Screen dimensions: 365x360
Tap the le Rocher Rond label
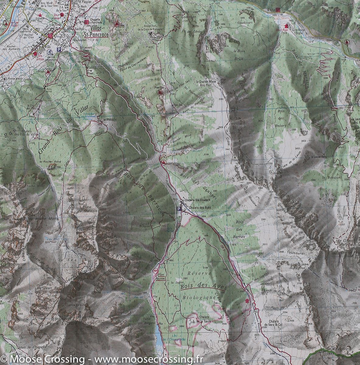point(46,162)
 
